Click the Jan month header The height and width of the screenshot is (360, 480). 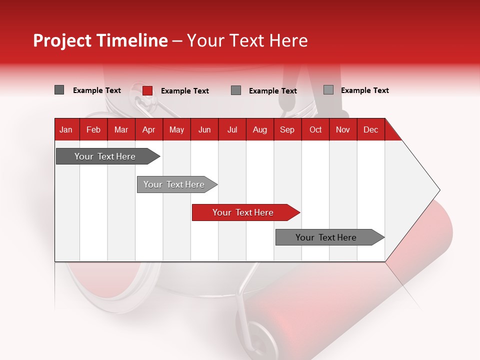pyautogui.click(x=66, y=130)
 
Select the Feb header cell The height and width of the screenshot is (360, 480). pyautogui.click(x=93, y=130)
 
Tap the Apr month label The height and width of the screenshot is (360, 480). pyautogui.click(x=148, y=130)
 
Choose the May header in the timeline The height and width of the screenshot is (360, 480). pyautogui.click(x=176, y=130)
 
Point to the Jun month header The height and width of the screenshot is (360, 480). pyautogui.click(x=204, y=130)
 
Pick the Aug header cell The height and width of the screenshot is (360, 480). pyautogui.click(x=260, y=130)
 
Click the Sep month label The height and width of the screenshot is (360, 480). pyautogui.click(x=287, y=130)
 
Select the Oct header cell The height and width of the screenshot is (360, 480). pyautogui.click(x=315, y=130)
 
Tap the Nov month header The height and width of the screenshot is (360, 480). pyautogui.click(x=343, y=130)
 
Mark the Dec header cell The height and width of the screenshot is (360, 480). pyautogui.click(x=370, y=130)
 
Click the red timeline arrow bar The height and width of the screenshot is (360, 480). pyautogui.click(x=245, y=212)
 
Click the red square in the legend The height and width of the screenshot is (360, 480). pyautogui.click(x=147, y=90)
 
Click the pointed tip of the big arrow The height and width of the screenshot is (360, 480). pyautogui.click(x=438, y=190)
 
